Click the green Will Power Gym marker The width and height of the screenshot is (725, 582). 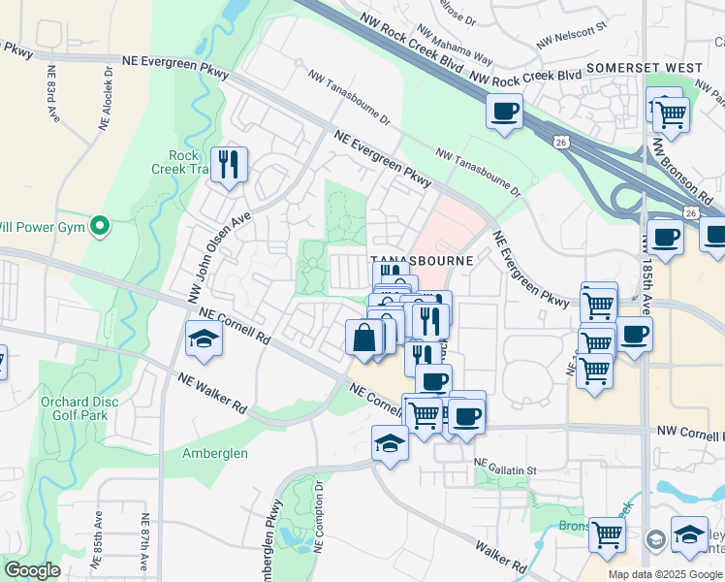pos(99,227)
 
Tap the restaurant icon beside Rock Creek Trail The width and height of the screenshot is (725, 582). pos(229,164)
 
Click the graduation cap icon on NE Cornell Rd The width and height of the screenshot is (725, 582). pos(205,339)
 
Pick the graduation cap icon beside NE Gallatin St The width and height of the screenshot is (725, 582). pos(390,444)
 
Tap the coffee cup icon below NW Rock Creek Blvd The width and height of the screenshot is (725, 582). pos(504,112)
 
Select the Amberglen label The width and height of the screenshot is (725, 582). pos(215,453)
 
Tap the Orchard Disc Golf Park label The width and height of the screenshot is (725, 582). pos(79,408)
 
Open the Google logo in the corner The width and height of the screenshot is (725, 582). pos(33,570)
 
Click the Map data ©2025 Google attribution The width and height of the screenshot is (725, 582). pos(664,574)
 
